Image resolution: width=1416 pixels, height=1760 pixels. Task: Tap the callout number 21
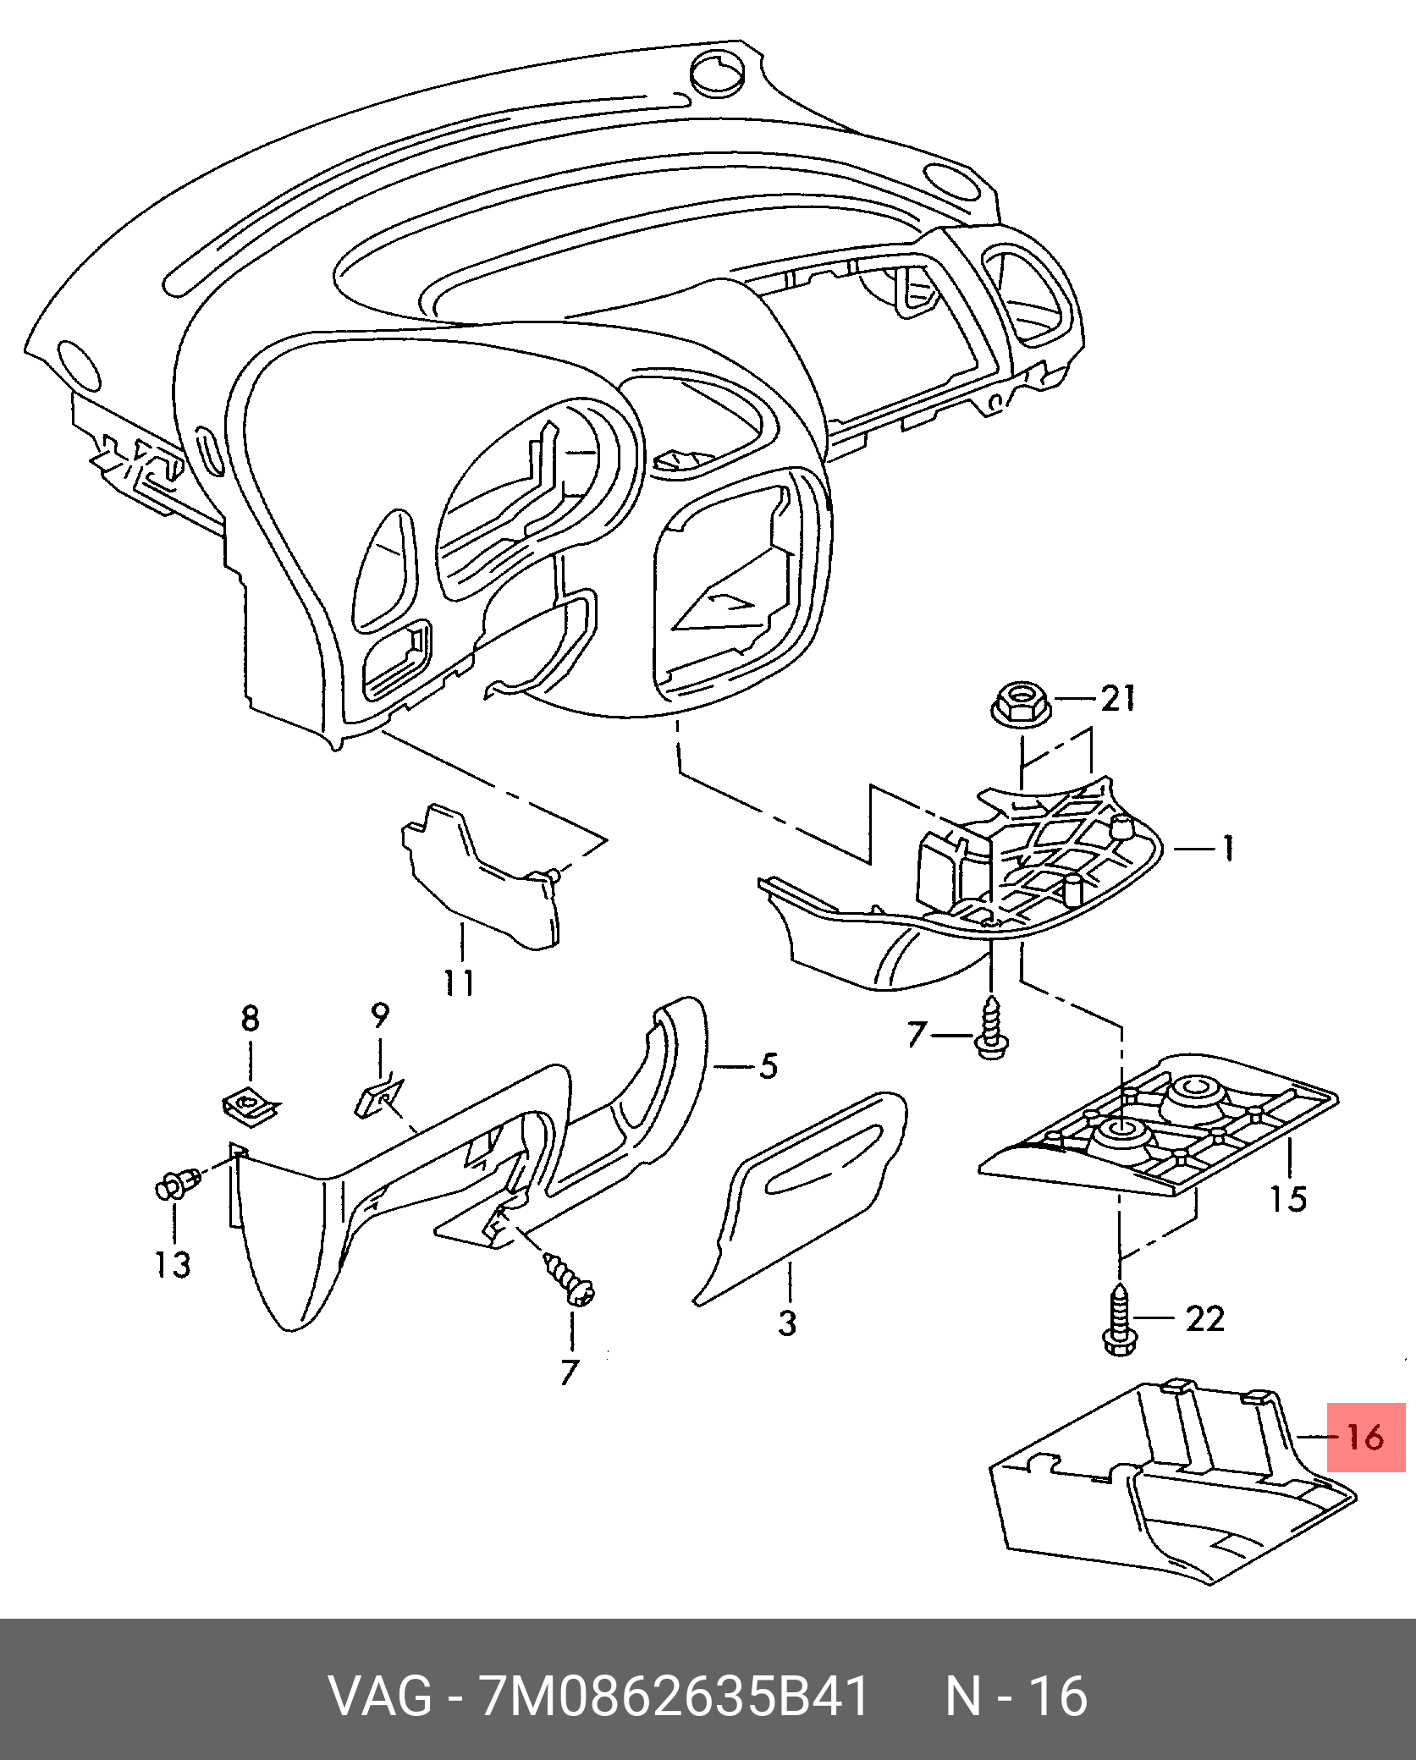pos(1117,699)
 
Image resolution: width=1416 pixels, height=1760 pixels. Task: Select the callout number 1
pos(1225,849)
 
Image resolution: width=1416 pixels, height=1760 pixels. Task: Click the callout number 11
pos(460,982)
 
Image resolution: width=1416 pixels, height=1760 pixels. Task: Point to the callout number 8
pos(250,1020)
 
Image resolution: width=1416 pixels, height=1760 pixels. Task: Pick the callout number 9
pos(379,1015)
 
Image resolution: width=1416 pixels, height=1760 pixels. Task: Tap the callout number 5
pos(769,1066)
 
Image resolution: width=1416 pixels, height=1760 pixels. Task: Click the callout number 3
pos(787,1346)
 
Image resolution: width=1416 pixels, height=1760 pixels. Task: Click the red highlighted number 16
pos(1365,1437)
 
